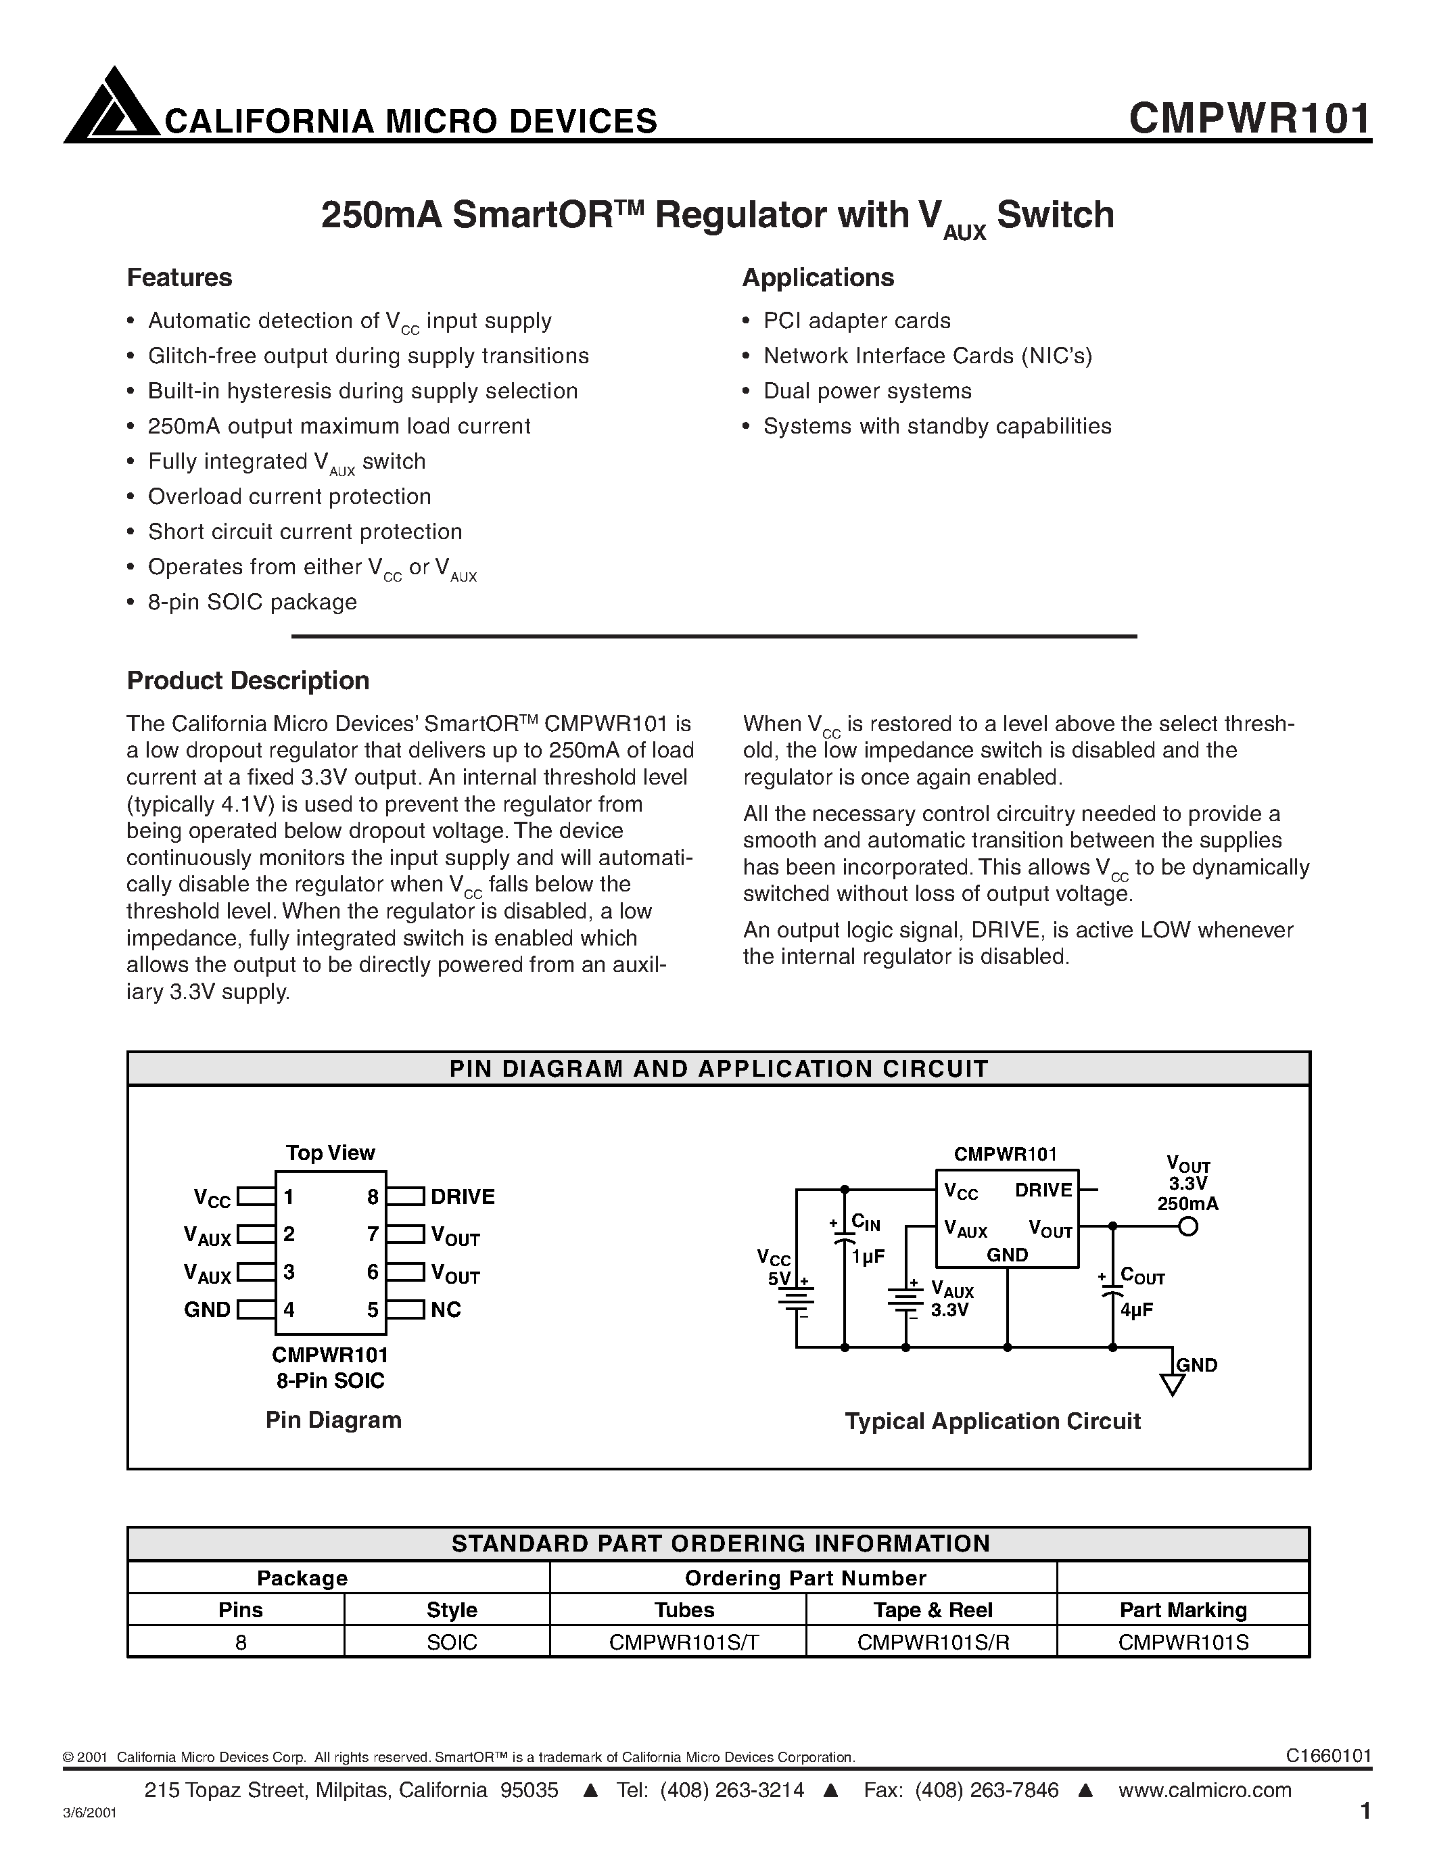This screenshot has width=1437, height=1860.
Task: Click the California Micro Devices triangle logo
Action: [x=112, y=106]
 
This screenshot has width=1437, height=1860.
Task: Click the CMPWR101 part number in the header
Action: [x=1249, y=118]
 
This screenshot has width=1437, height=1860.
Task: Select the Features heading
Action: [x=179, y=277]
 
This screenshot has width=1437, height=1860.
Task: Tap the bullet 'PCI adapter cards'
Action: [x=856, y=321]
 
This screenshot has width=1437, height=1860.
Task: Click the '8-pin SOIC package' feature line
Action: [x=252, y=602]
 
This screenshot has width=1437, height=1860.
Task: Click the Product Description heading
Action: [x=248, y=680]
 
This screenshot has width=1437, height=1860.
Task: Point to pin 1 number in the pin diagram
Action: [x=289, y=1196]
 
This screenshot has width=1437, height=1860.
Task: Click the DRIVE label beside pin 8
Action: [x=463, y=1196]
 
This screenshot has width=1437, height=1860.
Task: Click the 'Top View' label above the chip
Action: [x=330, y=1153]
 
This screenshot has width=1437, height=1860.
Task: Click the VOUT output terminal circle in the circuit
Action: [x=1187, y=1226]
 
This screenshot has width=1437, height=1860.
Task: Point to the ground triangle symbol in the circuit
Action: [x=1172, y=1386]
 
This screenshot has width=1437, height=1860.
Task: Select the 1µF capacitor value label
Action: [x=868, y=1256]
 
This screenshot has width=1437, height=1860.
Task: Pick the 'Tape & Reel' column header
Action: [x=932, y=1610]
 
